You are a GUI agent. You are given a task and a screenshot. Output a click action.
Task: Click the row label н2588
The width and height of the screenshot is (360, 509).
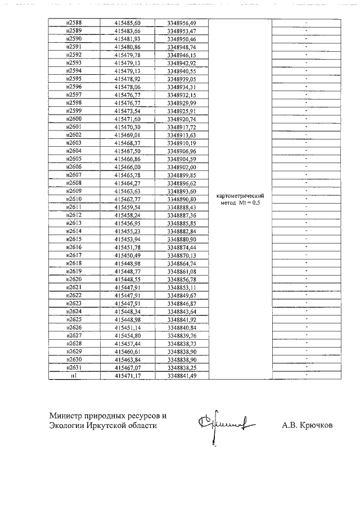(74, 22)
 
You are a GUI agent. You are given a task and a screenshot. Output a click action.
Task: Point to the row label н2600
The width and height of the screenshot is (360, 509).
(74, 120)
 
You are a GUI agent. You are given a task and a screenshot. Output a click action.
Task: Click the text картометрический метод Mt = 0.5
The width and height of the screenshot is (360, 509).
(240, 199)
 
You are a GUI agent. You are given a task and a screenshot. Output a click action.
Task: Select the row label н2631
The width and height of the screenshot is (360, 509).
(74, 367)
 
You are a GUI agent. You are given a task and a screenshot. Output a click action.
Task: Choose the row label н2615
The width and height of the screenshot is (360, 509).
(74, 239)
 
